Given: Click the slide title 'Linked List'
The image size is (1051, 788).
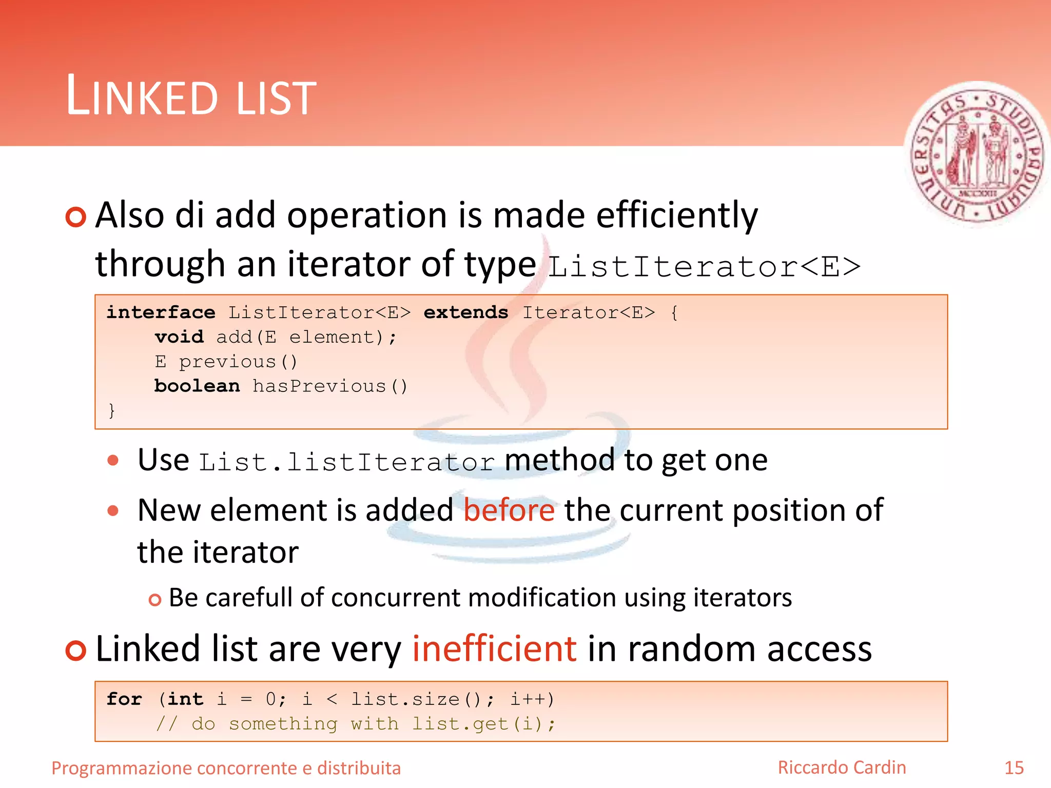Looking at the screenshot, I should tap(191, 96).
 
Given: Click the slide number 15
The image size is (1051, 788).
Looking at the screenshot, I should tap(1014, 768).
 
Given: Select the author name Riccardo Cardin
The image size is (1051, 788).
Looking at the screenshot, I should tap(842, 767).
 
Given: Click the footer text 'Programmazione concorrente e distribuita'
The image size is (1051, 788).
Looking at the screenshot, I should tap(226, 769).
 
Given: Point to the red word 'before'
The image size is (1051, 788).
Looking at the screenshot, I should tap(509, 510).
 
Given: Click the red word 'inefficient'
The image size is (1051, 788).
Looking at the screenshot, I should tap(494, 648).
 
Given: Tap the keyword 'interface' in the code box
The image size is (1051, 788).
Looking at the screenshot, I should tap(161, 312).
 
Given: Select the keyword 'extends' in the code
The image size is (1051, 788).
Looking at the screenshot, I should tap(465, 312).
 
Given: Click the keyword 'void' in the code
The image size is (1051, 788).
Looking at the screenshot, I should tap(179, 337).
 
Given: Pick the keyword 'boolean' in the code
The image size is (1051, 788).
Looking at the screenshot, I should tap(197, 386).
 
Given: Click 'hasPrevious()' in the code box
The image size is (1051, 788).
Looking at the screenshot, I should tap(330, 386).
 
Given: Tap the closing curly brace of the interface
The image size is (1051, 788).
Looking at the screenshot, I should tap(111, 410).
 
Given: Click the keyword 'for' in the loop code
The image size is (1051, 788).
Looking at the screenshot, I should tap(124, 699).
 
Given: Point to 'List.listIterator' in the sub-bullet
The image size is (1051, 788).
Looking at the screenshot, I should tap(346, 462).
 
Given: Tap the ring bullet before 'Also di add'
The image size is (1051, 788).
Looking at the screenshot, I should tap(76, 217).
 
